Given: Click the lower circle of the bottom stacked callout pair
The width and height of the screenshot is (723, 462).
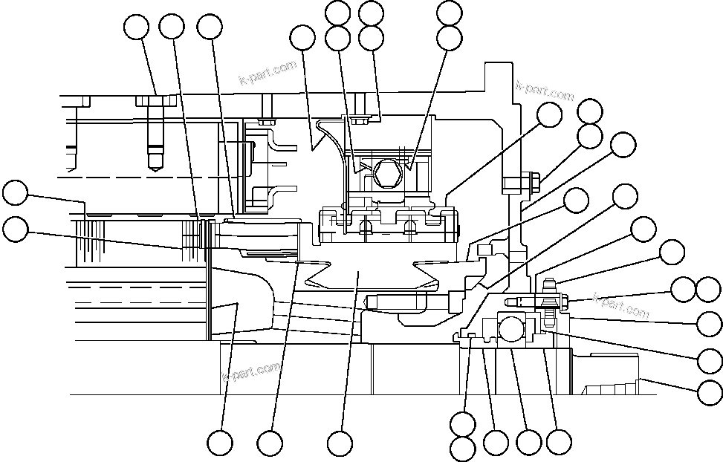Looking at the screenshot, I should [463, 449].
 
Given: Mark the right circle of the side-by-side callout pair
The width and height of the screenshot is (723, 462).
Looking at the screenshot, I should [709, 290].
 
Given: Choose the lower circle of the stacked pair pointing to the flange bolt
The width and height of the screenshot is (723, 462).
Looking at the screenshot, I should [591, 136].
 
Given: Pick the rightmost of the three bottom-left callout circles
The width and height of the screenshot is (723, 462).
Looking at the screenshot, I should [340, 443].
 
